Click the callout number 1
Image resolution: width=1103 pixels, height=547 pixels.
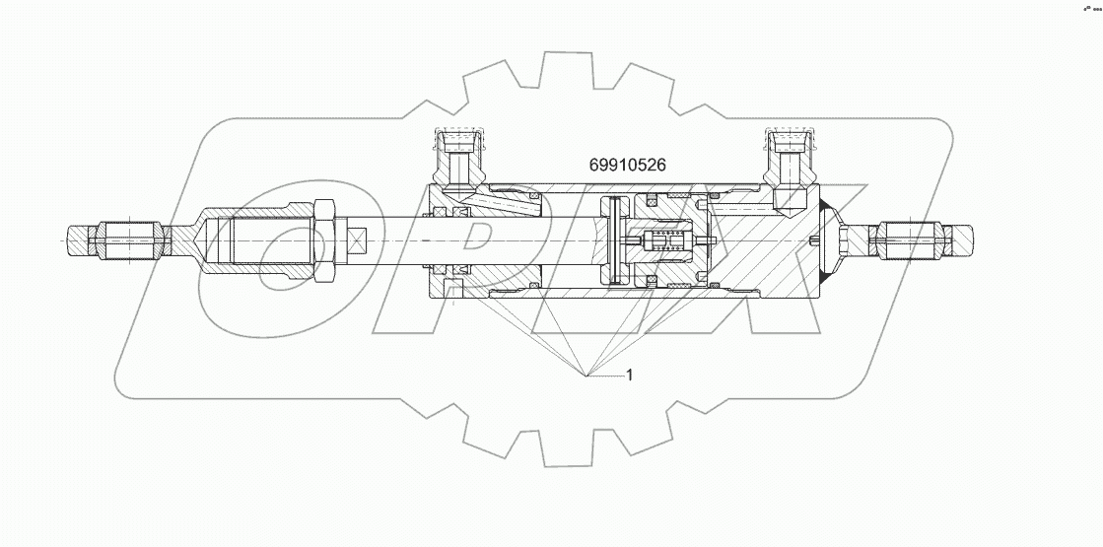click(630, 375)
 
